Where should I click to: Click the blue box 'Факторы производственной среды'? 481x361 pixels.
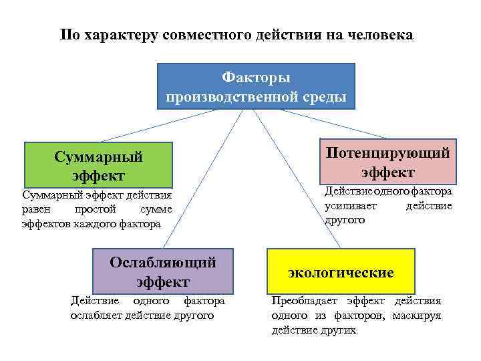click(256, 87)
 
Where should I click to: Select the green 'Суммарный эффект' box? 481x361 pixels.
click(98, 165)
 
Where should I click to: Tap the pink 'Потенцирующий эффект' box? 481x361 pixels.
click(387, 162)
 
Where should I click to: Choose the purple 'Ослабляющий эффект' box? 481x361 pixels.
click(162, 271)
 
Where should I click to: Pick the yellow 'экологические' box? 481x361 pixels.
click(341, 272)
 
